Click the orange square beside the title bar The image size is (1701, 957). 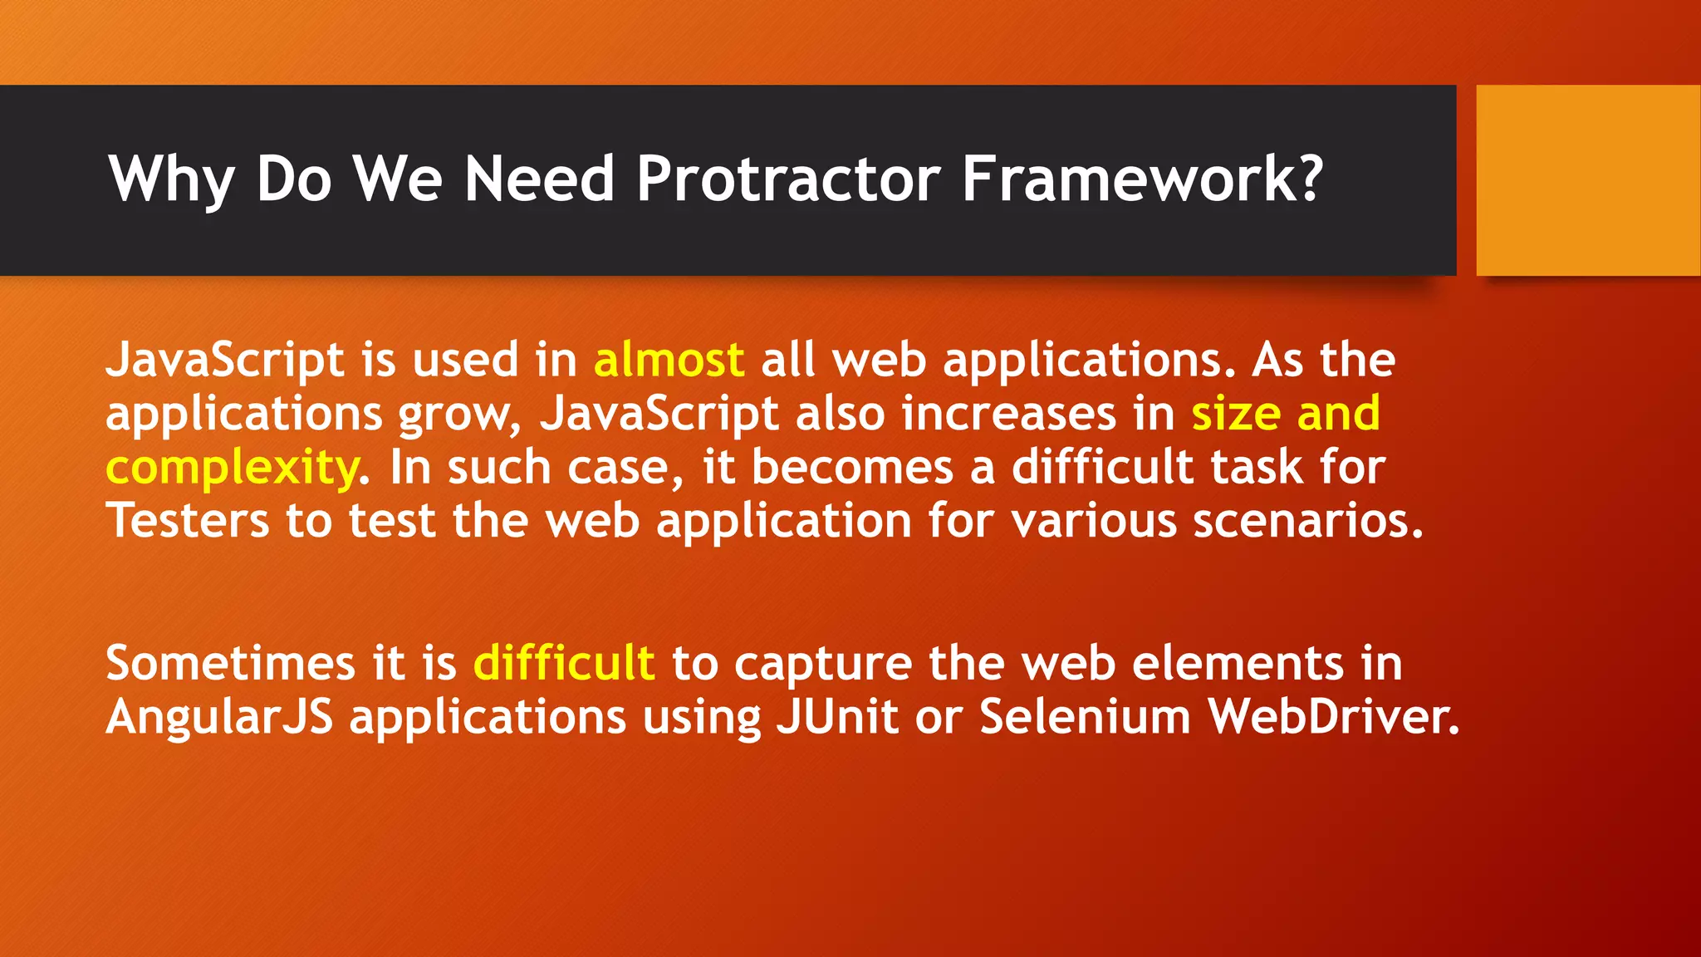[1588, 180]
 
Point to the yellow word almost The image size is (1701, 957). [669, 361]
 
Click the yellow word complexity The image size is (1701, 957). [233, 468]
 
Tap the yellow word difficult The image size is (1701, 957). [564, 663]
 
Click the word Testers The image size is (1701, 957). [188, 521]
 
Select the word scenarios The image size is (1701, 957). [1308, 521]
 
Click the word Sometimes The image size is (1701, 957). [230, 663]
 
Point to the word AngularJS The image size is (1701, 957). [219, 716]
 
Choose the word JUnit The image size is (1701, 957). [837, 716]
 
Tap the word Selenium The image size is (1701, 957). [1086, 716]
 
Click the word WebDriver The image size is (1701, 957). [1333, 716]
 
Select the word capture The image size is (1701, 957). [823, 663]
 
